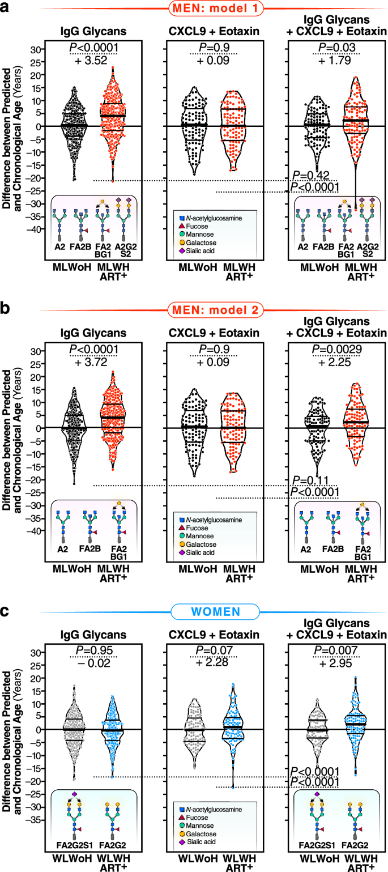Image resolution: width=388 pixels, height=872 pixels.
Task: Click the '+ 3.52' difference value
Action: tap(93, 61)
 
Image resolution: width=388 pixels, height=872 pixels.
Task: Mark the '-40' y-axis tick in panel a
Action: tap(37, 229)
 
